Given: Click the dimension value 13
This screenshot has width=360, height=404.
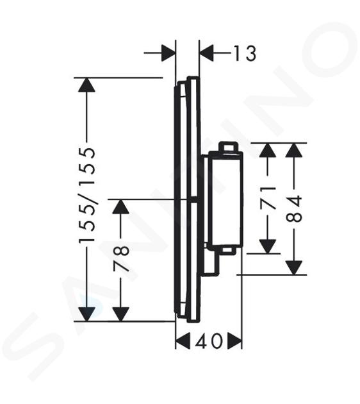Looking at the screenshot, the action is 245,53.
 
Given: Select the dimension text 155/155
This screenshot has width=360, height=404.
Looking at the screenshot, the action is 87,195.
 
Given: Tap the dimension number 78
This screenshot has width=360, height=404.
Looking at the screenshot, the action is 121,259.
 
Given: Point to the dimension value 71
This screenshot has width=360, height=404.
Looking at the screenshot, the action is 268,198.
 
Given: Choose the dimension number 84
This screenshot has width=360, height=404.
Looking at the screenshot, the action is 294,208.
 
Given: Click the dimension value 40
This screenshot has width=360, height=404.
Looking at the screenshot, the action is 208,341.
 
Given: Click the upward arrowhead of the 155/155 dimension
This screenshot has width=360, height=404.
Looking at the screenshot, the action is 87,85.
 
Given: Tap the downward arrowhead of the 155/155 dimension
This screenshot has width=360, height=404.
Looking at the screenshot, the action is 87,314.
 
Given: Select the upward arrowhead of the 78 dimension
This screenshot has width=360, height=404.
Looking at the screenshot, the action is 121,206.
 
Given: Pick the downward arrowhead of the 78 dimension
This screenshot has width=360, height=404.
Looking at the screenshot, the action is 121,314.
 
